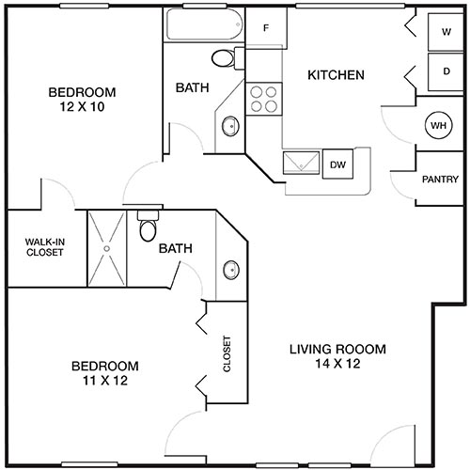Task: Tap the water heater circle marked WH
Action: click(x=438, y=124)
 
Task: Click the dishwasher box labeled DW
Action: click(x=337, y=164)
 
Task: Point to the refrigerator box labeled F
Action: click(x=266, y=27)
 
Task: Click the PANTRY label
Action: click(x=439, y=179)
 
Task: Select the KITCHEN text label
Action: click(x=337, y=74)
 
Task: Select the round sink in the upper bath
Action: click(x=229, y=125)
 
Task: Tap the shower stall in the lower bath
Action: click(x=105, y=247)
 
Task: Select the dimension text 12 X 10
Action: click(x=82, y=107)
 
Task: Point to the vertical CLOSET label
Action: click(x=227, y=355)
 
